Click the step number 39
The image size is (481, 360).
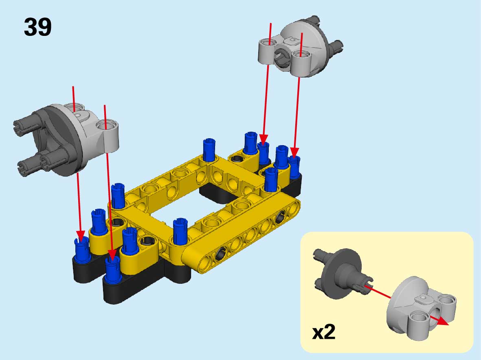[37, 27]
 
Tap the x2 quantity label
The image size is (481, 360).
[324, 332]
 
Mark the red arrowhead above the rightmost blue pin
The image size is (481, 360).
[294, 152]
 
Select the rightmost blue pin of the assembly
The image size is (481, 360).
[294, 167]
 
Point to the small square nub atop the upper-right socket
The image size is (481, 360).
[292, 40]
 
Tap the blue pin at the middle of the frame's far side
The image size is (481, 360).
[209, 150]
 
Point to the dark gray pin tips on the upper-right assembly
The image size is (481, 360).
[336, 46]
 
